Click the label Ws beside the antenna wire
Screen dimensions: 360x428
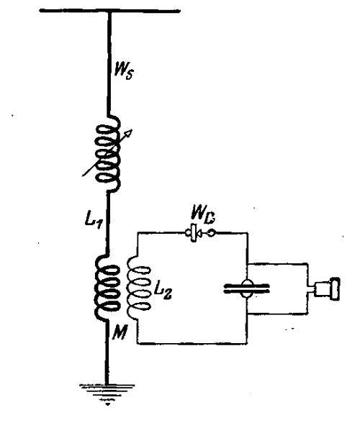[x=124, y=71]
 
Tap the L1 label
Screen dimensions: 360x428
[x=94, y=220]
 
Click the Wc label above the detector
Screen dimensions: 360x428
[x=204, y=216]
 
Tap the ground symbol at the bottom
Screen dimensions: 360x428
[x=107, y=393]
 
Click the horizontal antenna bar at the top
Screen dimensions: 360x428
[x=110, y=11]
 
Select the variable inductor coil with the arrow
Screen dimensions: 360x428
[x=108, y=153]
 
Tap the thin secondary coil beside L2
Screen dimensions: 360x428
[x=138, y=288]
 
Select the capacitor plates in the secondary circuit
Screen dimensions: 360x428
[x=246, y=288]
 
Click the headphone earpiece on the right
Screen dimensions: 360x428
[x=327, y=288]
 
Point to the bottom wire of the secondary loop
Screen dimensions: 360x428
[x=192, y=343]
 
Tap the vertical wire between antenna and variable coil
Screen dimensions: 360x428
[x=109, y=63]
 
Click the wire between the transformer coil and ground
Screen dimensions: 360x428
[x=107, y=352]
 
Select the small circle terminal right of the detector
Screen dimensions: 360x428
[x=212, y=233]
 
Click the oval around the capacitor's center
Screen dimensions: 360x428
[x=247, y=288]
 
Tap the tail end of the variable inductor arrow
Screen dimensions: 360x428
[x=83, y=176]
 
